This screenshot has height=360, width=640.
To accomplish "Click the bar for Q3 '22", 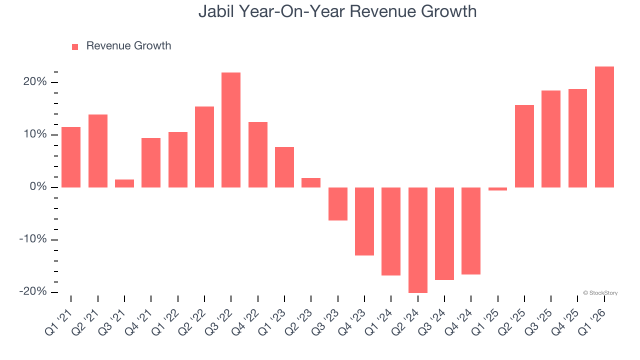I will pyautogui.click(x=231, y=130).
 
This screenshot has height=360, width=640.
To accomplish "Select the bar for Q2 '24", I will pyautogui.click(x=418, y=240).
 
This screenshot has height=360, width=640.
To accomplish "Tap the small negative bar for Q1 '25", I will pyautogui.click(x=498, y=189).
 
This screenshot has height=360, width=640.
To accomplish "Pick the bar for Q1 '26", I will pyautogui.click(x=604, y=127).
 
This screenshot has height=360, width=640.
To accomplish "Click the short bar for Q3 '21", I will pyautogui.click(x=124, y=183).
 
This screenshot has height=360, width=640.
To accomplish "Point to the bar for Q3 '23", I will pyautogui.click(x=338, y=204).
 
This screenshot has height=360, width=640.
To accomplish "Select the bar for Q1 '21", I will pyautogui.click(x=71, y=157).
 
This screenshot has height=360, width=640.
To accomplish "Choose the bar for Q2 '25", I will pyautogui.click(x=524, y=146).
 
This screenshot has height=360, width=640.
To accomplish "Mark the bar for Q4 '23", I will pyautogui.click(x=364, y=221).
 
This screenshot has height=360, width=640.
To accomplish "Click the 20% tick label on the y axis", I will pyautogui.click(x=35, y=82).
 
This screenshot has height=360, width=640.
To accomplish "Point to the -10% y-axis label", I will pyautogui.click(x=33, y=239).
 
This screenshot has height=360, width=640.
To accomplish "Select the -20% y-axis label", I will pyautogui.click(x=33, y=291).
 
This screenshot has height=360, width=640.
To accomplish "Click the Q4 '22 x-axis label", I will pyautogui.click(x=248, y=321).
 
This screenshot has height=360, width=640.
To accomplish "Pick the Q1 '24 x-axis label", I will pyautogui.click(x=382, y=321).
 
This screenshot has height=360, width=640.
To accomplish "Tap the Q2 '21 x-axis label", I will pyautogui.click(x=88, y=321).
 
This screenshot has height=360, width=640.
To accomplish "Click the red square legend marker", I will pyautogui.click(x=75, y=47).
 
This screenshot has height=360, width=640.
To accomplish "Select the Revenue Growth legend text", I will pyautogui.click(x=128, y=46).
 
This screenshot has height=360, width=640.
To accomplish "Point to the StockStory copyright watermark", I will pyautogui.click(x=600, y=293).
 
